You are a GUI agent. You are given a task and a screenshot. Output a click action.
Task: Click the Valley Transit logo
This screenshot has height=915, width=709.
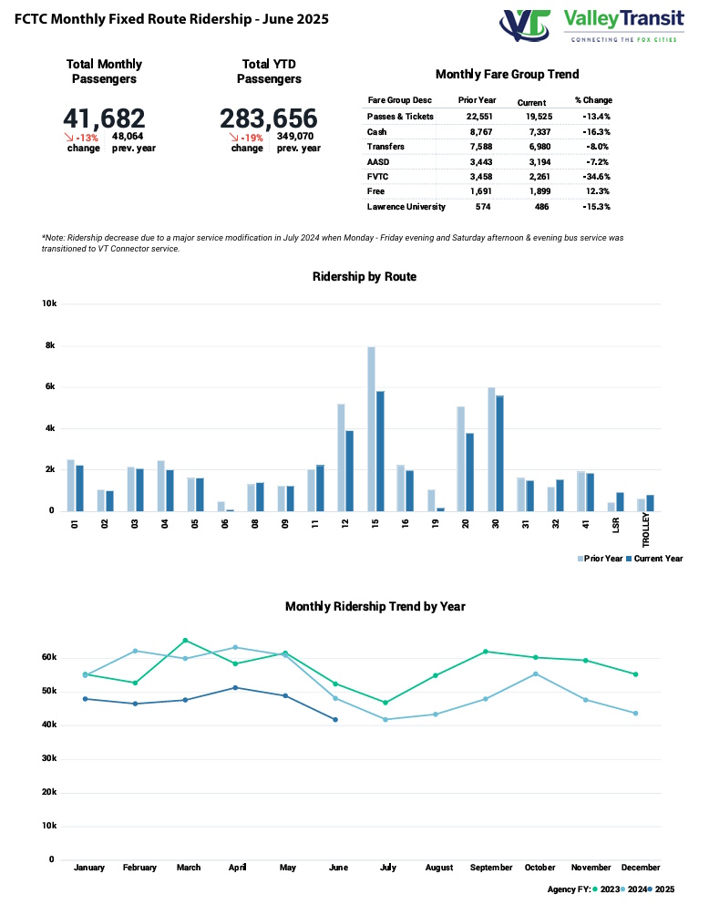(592, 25)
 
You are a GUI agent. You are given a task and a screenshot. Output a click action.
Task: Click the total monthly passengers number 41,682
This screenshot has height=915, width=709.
(104, 118)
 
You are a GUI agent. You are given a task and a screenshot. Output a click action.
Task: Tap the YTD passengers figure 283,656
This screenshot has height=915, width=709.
(269, 118)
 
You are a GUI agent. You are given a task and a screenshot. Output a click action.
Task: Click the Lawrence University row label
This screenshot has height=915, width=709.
(406, 206)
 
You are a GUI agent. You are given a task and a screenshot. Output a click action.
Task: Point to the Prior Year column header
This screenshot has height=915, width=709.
(477, 99)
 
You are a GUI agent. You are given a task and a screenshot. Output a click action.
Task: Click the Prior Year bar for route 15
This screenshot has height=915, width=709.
(371, 428)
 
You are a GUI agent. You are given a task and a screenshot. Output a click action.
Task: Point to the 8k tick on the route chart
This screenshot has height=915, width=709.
(51, 345)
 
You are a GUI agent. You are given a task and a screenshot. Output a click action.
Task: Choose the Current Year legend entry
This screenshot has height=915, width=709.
(656, 559)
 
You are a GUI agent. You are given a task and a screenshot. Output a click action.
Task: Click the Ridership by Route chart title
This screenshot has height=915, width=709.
(365, 276)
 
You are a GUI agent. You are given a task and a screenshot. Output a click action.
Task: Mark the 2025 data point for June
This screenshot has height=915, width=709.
(335, 720)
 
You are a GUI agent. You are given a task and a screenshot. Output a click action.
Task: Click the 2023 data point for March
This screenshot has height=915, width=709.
(186, 640)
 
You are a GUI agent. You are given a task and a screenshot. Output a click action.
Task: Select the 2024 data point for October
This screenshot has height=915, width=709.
(536, 673)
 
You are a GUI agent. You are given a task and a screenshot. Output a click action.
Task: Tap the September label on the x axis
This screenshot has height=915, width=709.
(490, 868)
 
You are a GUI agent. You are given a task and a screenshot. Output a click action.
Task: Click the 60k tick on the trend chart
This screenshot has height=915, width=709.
(49, 657)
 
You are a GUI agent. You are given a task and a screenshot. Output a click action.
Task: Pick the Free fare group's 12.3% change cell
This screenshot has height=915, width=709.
(594, 191)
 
